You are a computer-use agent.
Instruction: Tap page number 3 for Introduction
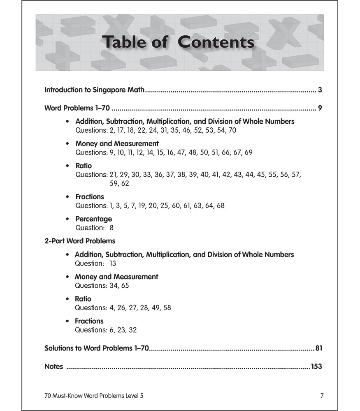coord(320,89)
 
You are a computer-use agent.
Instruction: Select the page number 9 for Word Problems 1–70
coord(320,109)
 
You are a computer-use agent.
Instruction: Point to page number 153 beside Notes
coord(316,367)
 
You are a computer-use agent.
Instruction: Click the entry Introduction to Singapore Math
coord(94,89)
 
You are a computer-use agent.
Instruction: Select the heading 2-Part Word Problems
coord(80,241)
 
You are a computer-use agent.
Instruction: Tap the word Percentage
coord(93,219)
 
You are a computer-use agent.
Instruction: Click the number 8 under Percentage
coord(111,228)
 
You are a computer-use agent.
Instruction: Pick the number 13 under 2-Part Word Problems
coord(113,263)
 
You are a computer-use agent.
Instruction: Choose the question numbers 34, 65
coord(119,285)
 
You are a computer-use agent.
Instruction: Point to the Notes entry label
coord(53,367)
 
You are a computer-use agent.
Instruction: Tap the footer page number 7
coord(322,396)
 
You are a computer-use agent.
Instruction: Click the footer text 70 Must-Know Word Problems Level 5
coord(94,396)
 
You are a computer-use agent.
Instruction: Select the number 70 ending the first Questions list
coord(232,130)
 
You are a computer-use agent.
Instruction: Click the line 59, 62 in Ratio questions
coord(119,183)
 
